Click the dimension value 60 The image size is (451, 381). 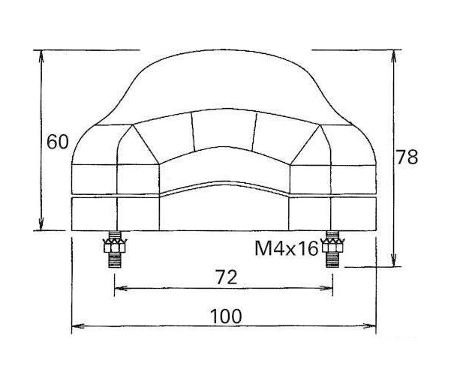[58, 142]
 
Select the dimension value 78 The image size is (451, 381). [407, 157]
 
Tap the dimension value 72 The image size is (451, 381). [226, 277]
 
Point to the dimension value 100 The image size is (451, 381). [226, 316]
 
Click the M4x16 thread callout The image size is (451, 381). [287, 248]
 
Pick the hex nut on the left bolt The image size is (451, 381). [115, 246]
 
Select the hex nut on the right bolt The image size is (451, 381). [332, 246]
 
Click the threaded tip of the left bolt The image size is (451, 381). [114, 260]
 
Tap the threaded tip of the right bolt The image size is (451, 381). [332, 260]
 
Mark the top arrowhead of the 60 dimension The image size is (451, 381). [41, 55]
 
